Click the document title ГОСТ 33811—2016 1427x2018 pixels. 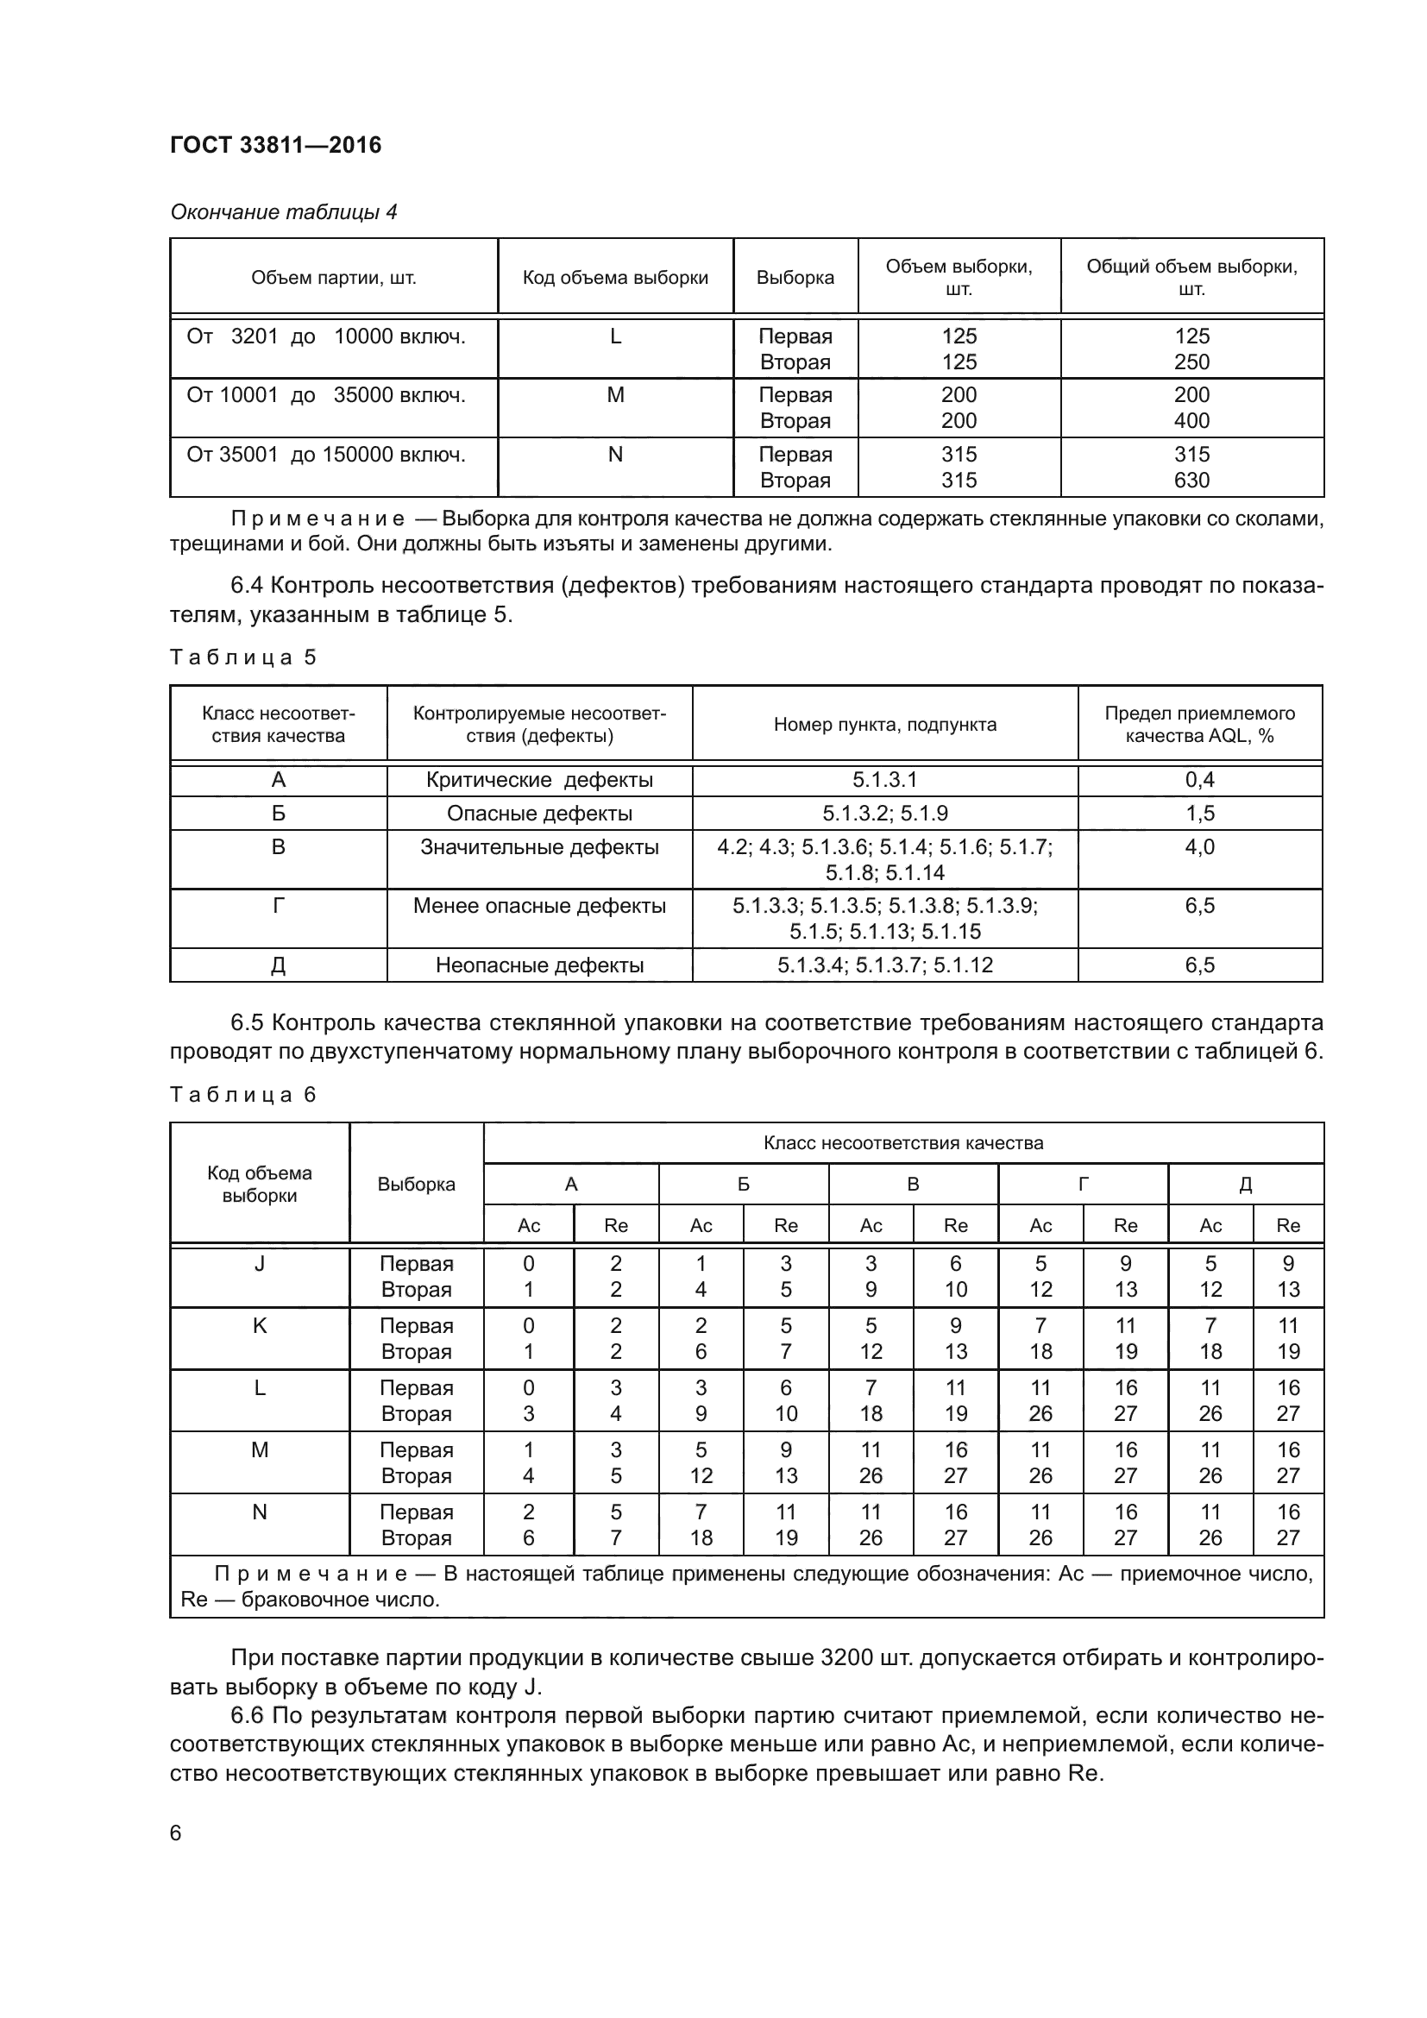pyautogui.click(x=275, y=145)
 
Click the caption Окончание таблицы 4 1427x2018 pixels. pyautogui.click(x=283, y=212)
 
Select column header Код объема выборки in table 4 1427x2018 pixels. pyautogui.click(x=615, y=278)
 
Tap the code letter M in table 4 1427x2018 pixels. pyautogui.click(x=615, y=395)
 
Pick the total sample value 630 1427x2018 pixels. pyautogui.click(x=1191, y=481)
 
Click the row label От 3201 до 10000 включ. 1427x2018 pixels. pyautogui.click(x=326, y=336)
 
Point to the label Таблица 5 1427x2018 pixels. pyautogui.click(x=242, y=657)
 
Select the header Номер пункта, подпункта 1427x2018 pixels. pyautogui.click(x=884, y=724)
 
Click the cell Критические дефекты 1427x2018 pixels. pyautogui.click(x=539, y=780)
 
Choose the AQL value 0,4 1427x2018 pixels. pyautogui.click(x=1199, y=780)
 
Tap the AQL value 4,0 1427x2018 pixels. pyautogui.click(x=1199, y=847)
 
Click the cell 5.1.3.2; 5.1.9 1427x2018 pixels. pyautogui.click(x=884, y=813)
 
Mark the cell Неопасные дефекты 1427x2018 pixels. pyautogui.click(x=539, y=965)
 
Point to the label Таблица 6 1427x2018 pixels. pyautogui.click(x=242, y=1094)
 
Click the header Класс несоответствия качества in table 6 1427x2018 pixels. pyautogui.click(x=903, y=1142)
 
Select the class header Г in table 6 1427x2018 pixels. pyautogui.click(x=1083, y=1184)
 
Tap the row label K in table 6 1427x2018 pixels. pyautogui.click(x=259, y=1325)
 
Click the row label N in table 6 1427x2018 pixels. pyautogui.click(x=259, y=1512)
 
